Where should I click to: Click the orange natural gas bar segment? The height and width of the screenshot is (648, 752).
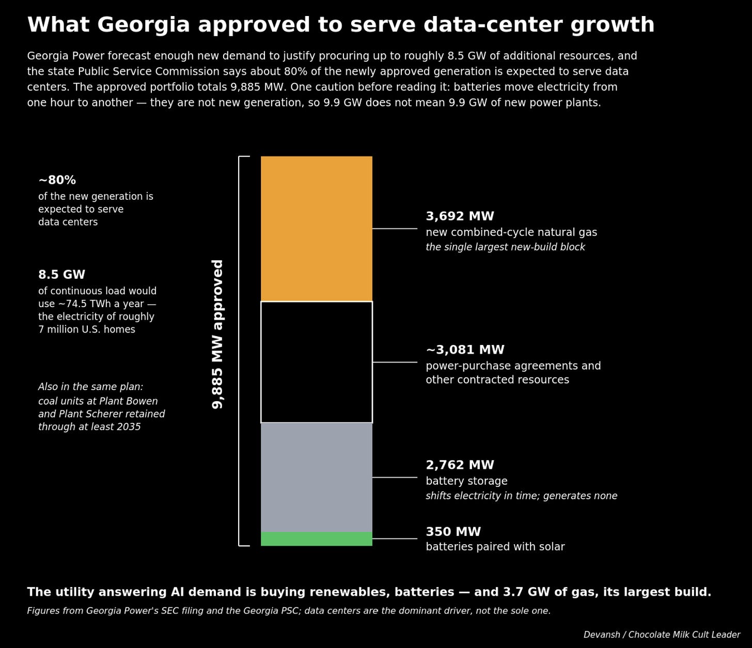(x=317, y=229)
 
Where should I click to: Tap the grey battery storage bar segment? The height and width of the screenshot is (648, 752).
(x=317, y=477)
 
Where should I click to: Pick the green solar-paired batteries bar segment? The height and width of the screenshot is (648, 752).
(x=317, y=539)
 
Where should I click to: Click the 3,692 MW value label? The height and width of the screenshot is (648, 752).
(x=460, y=216)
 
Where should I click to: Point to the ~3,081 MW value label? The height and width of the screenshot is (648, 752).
(x=465, y=350)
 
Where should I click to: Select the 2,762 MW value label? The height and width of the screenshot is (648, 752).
(x=460, y=465)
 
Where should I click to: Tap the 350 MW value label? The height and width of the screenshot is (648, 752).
(x=453, y=532)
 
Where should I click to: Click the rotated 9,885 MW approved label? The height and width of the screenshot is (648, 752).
(x=217, y=334)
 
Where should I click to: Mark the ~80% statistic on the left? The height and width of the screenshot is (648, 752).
(x=57, y=180)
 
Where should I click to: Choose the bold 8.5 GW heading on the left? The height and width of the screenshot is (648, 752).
(x=61, y=275)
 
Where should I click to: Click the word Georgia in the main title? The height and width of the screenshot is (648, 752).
(x=144, y=25)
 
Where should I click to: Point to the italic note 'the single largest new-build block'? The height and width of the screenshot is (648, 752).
(x=505, y=247)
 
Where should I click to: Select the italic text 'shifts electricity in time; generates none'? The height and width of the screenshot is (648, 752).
(x=521, y=496)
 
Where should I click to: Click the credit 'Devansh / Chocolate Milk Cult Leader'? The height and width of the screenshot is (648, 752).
(x=662, y=635)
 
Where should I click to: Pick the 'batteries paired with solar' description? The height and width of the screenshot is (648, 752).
(x=495, y=547)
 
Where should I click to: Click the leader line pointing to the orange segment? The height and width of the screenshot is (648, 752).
(x=395, y=229)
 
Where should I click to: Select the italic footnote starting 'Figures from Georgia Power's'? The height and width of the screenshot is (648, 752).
(x=289, y=610)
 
